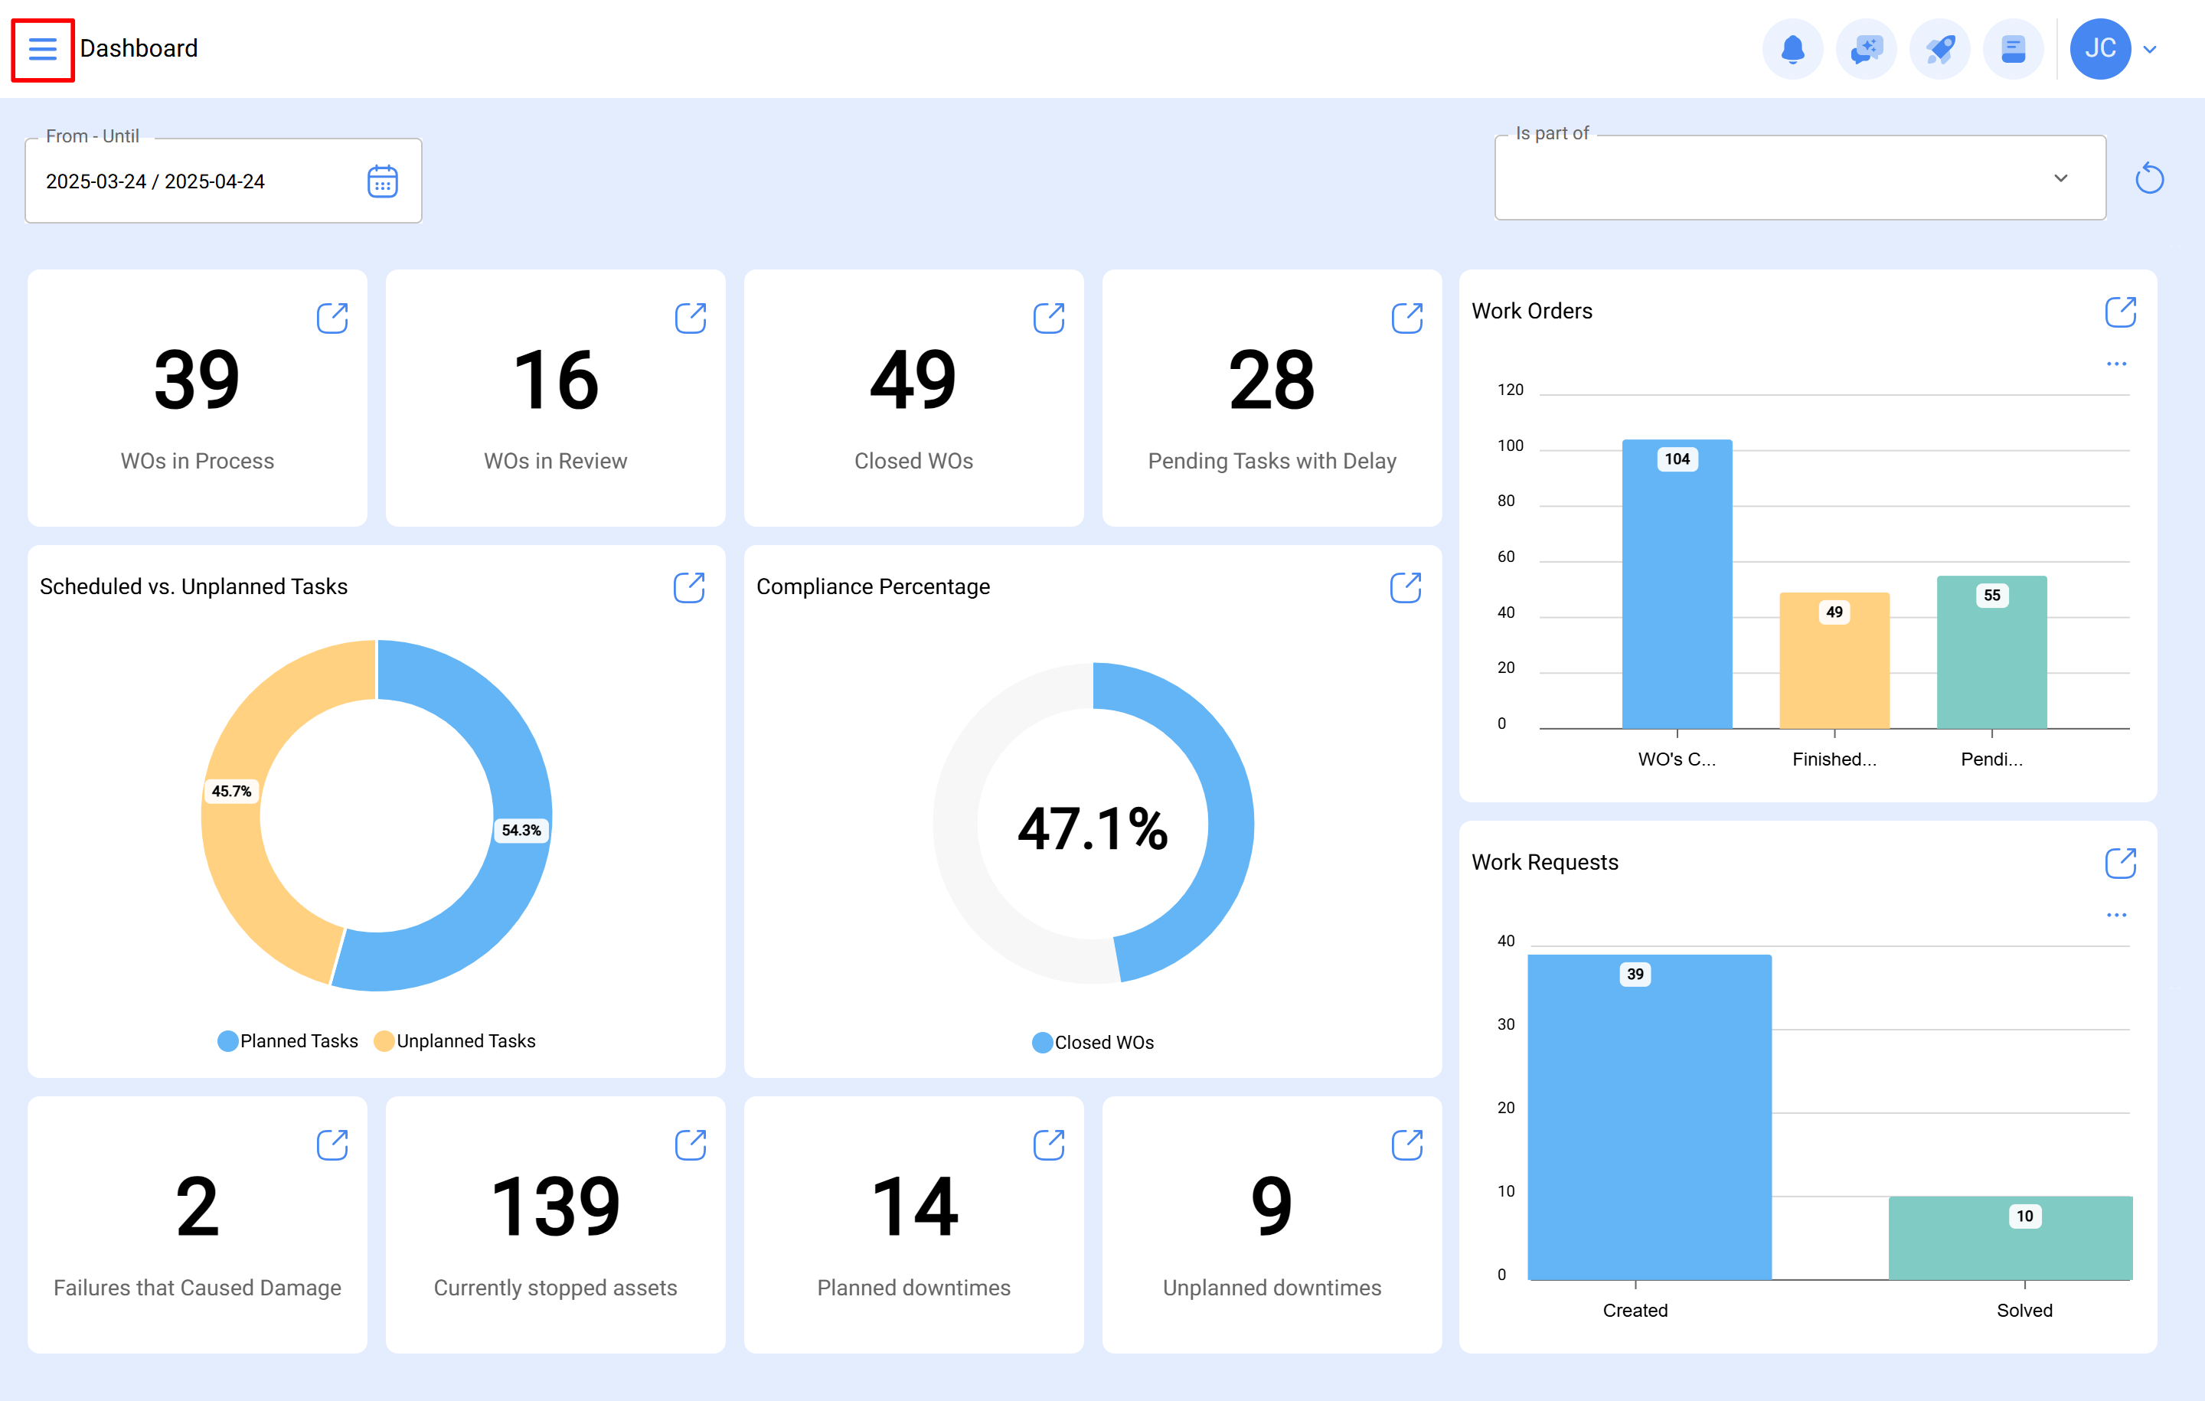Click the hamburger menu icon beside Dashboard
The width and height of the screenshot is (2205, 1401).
42,48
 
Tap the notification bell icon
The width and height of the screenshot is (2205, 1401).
1792,48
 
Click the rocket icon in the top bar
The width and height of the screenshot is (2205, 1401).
1939,48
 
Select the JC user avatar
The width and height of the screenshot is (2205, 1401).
2099,48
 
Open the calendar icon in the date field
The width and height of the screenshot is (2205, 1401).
382,181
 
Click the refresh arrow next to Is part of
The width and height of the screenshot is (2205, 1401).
2149,178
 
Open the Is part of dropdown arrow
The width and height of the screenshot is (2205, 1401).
2060,178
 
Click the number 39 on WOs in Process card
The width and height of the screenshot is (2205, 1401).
197,380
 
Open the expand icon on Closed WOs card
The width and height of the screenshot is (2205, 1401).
1048,318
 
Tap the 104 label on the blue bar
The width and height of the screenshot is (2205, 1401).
1677,459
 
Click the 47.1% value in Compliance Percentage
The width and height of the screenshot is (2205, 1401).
1093,828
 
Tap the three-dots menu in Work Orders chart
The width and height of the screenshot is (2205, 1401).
2116,364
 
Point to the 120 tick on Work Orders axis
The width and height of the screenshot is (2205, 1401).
1510,390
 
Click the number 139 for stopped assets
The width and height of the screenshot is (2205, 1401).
555,1207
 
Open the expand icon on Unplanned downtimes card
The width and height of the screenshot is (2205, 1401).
1406,1145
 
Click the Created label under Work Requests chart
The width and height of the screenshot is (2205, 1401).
1635,1311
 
